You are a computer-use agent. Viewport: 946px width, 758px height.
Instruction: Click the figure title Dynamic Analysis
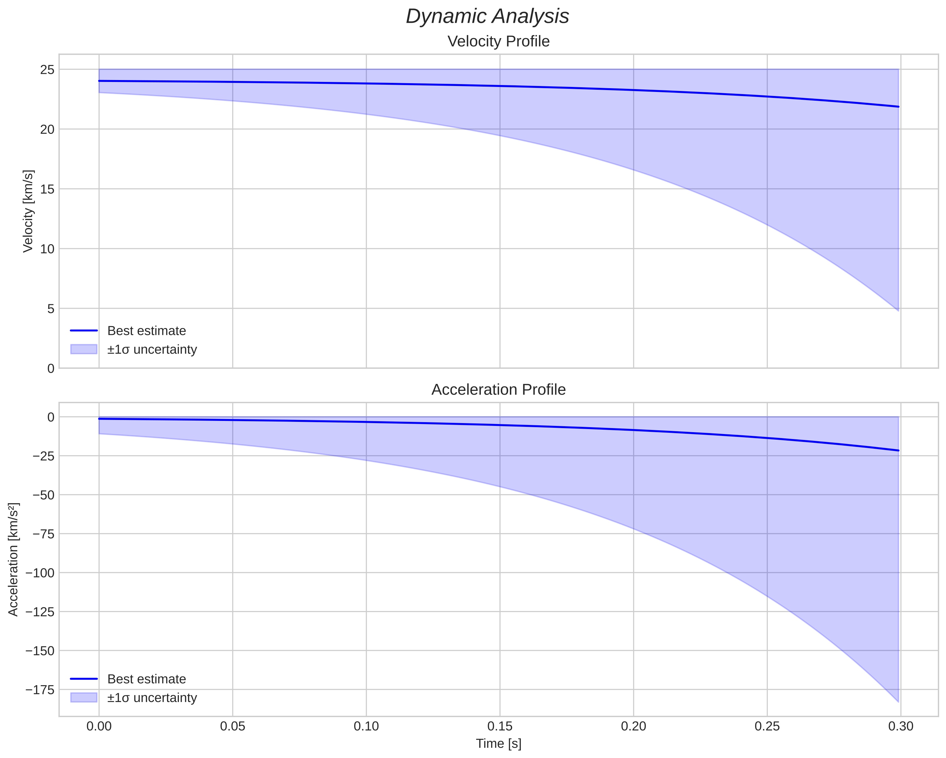(x=487, y=17)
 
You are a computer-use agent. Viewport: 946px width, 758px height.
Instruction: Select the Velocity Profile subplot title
(x=498, y=42)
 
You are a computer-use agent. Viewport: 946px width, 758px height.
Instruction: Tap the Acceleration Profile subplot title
(x=498, y=390)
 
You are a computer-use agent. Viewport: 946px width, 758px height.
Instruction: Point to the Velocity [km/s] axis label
(x=28, y=211)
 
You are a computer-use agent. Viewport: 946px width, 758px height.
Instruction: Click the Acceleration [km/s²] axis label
(x=13, y=559)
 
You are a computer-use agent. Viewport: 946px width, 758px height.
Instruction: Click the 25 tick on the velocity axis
(x=47, y=70)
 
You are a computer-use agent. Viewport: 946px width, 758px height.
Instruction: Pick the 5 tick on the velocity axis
(x=51, y=309)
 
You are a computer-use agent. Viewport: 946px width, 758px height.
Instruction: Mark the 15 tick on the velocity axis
(x=47, y=189)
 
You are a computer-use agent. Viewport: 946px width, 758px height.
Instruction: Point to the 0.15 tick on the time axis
(x=500, y=726)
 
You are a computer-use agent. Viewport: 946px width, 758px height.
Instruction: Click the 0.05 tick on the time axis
(x=232, y=726)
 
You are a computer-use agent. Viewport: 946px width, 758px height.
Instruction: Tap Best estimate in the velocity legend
(x=146, y=331)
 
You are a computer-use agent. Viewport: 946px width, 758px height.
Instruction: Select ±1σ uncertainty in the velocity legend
(x=152, y=350)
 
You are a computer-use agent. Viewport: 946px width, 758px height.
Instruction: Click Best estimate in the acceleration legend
(x=146, y=679)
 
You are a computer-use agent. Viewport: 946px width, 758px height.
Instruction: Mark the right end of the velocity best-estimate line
(x=898, y=107)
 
